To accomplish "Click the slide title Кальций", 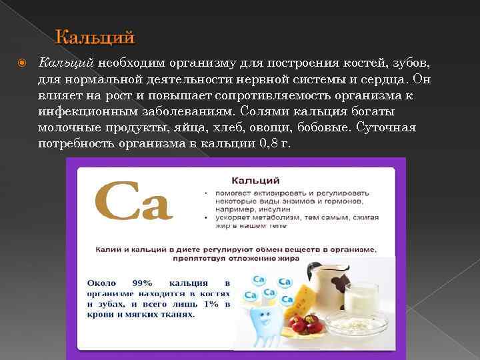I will [x=95, y=36].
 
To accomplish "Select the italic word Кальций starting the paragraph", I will [x=67, y=63].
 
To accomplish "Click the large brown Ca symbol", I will [x=134, y=201].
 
